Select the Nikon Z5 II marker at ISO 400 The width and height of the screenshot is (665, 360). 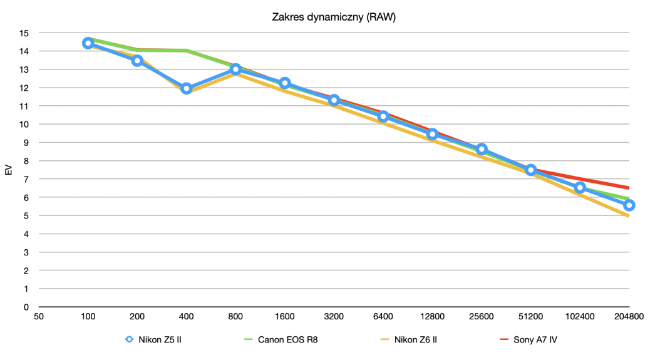click(x=186, y=88)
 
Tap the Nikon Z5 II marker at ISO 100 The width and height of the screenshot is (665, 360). click(x=88, y=43)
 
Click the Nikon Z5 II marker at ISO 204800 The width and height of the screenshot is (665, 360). click(x=629, y=205)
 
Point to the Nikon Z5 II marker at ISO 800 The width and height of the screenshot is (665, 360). click(x=235, y=69)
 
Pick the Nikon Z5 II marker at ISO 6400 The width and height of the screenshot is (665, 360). click(x=383, y=116)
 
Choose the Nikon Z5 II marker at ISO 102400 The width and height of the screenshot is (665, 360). click(x=580, y=187)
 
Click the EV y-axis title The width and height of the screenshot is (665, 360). click(x=9, y=170)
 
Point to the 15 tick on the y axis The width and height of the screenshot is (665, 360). click(x=24, y=33)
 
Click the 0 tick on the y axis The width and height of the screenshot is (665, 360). click(x=26, y=307)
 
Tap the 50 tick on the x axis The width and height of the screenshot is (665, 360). click(x=39, y=317)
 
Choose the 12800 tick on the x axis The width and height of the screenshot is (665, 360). click(x=432, y=317)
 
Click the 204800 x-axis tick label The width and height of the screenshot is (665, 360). click(x=629, y=317)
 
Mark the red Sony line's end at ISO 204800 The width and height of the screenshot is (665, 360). click(x=629, y=187)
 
